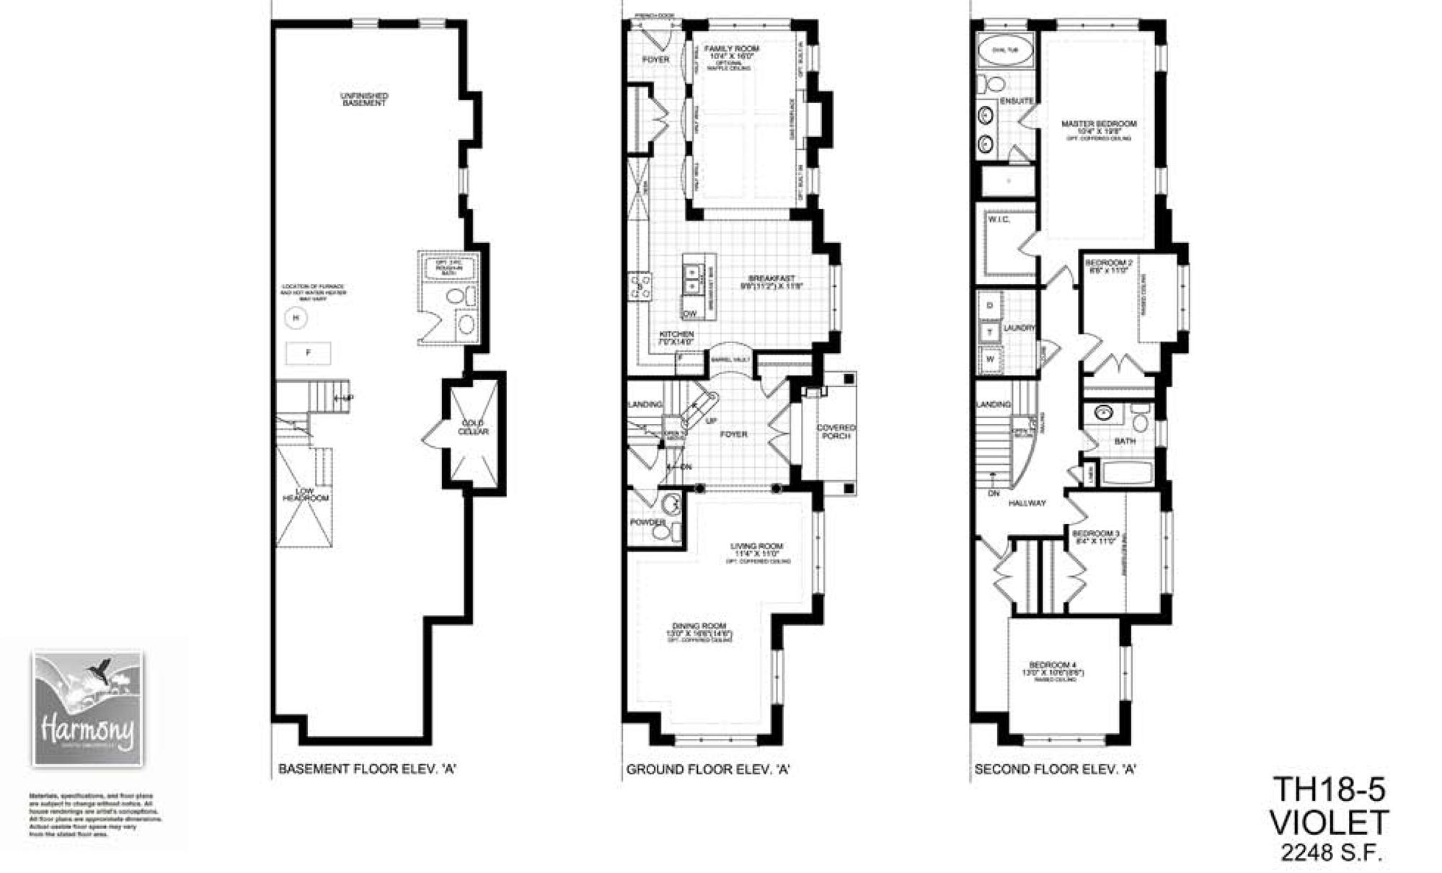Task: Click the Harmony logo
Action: pyautogui.click(x=87, y=709)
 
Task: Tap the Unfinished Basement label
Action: pyautogui.click(x=364, y=99)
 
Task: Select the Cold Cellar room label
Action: pyautogui.click(x=473, y=427)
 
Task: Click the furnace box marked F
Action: pyautogui.click(x=309, y=353)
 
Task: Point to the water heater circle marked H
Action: pyautogui.click(x=296, y=317)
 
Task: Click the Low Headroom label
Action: pyautogui.click(x=305, y=495)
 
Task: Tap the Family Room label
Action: pyautogui.click(x=731, y=49)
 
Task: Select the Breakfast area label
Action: pyautogui.click(x=771, y=278)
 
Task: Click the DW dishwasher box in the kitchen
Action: pyautogui.click(x=690, y=314)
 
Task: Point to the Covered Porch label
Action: pyautogui.click(x=836, y=431)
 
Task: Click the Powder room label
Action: pyautogui.click(x=647, y=522)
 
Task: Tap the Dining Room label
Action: pyautogui.click(x=699, y=626)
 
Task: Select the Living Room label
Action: pyautogui.click(x=756, y=546)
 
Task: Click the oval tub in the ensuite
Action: pyautogui.click(x=1004, y=50)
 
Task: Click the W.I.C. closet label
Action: pyautogui.click(x=999, y=219)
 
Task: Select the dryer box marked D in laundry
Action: pyautogui.click(x=990, y=306)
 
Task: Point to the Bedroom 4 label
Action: pyautogui.click(x=1053, y=665)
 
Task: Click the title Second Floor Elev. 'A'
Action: pyautogui.click(x=1055, y=770)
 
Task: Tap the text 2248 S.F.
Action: pyautogui.click(x=1331, y=854)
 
